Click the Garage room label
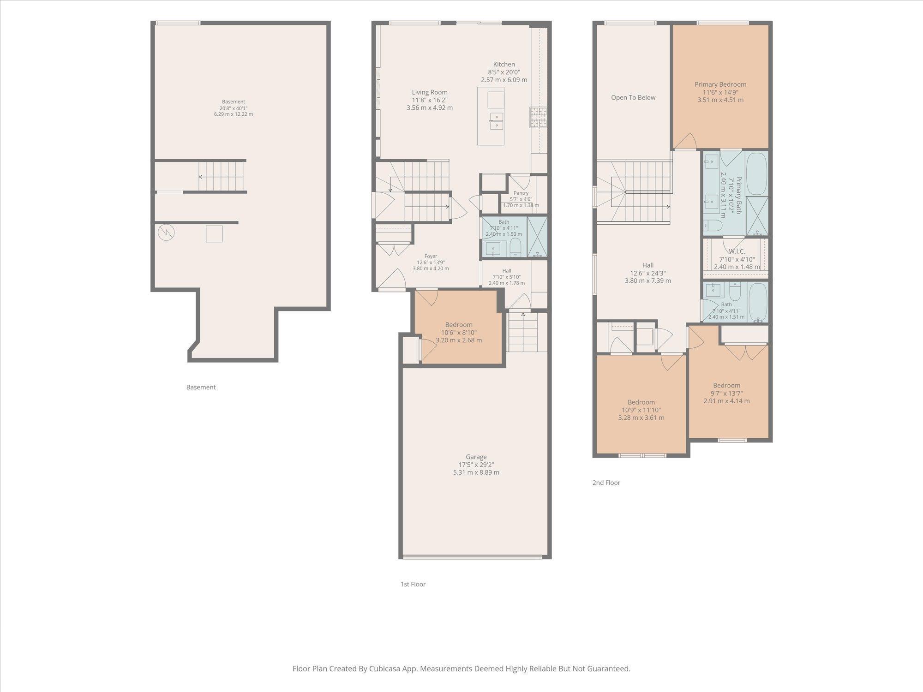tap(476, 457)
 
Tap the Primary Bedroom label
tap(720, 84)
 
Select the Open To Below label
tap(633, 97)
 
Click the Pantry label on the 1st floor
tap(521, 193)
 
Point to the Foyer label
tap(431, 256)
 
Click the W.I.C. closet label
tap(737, 251)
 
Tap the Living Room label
tap(430, 92)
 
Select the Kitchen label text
tap(504, 65)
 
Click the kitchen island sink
tap(496, 121)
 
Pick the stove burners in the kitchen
tap(538, 117)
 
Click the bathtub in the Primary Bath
tap(757, 173)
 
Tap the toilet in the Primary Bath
tap(713, 226)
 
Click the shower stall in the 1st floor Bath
tap(537, 237)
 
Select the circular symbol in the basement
tap(166, 232)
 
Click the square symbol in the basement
tap(214, 233)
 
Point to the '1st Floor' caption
tap(413, 584)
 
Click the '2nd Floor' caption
tap(606, 483)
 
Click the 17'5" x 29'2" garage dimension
tap(476, 465)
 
